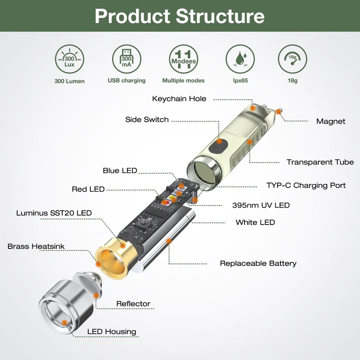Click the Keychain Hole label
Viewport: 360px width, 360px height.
pyautogui.click(x=179, y=98)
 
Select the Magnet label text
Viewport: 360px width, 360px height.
pyautogui.click(x=330, y=121)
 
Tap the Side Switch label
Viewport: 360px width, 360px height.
pyautogui.click(x=146, y=119)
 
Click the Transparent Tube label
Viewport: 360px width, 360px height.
pyautogui.click(x=320, y=162)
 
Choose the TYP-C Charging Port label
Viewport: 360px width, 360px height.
pyautogui.click(x=306, y=185)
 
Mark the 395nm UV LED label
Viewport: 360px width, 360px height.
pyautogui.click(x=260, y=205)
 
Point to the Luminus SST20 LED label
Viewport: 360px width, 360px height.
pyautogui.click(x=54, y=213)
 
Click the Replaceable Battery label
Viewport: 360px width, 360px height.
pyautogui.click(x=258, y=263)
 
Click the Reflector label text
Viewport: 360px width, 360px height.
pyautogui.click(x=133, y=303)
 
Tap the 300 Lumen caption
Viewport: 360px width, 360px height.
pyautogui.click(x=69, y=80)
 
